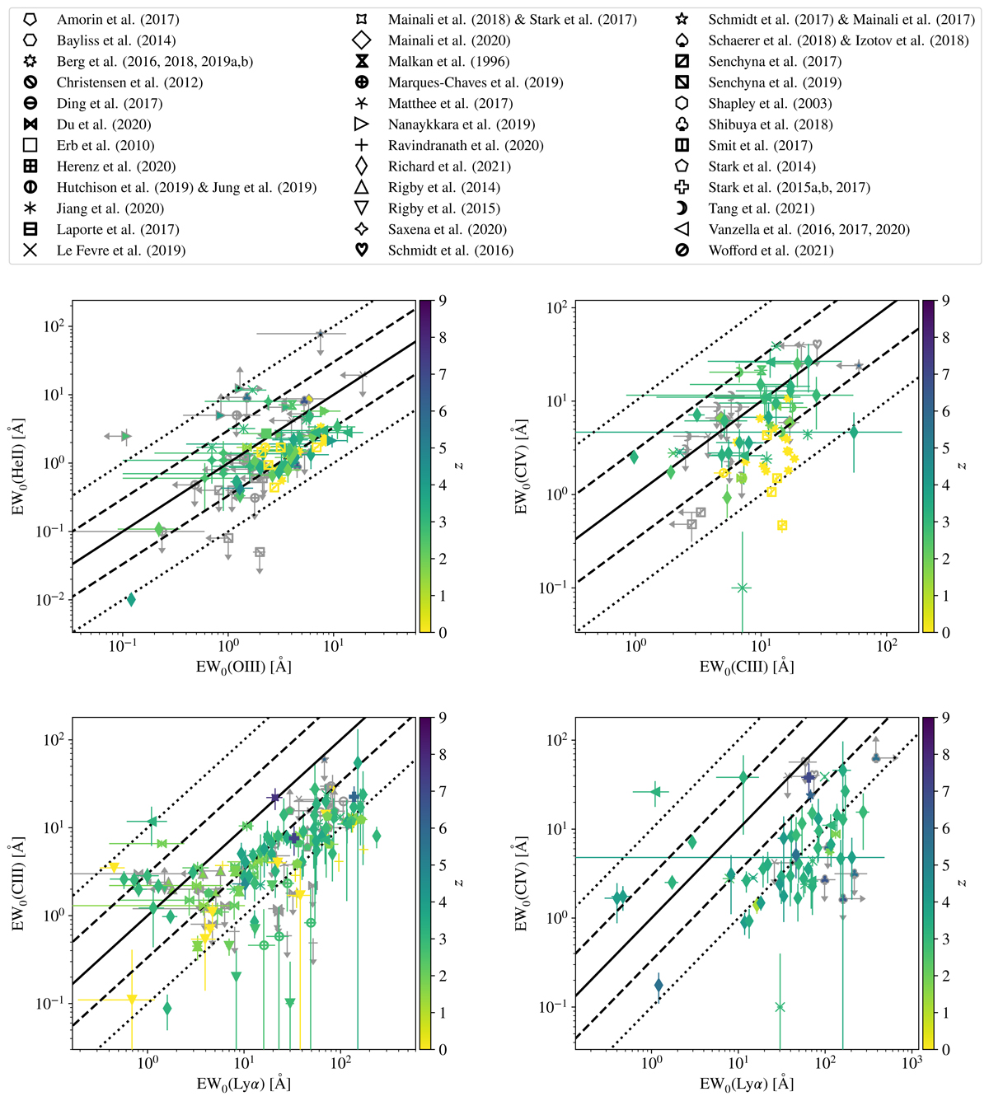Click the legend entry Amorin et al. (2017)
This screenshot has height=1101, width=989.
point(118,19)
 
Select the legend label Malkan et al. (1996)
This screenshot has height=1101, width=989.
point(448,61)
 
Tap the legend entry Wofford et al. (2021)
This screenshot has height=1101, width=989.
point(771,250)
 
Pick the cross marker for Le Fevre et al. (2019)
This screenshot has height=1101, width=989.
point(30,250)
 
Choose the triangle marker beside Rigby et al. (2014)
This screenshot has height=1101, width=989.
point(361,187)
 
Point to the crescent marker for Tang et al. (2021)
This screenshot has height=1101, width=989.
point(682,208)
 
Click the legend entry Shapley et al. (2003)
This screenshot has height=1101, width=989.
point(770,103)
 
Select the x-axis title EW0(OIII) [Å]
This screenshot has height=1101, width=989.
point(244,666)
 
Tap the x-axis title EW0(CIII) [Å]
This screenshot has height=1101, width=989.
point(747,666)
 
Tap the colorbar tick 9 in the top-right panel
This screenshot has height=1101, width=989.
point(945,301)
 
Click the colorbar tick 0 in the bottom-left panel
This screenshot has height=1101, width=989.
point(443,1049)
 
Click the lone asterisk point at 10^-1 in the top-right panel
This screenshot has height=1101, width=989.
point(742,588)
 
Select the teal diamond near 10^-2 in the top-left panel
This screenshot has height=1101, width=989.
point(131,599)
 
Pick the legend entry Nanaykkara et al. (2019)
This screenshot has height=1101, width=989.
point(462,124)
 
